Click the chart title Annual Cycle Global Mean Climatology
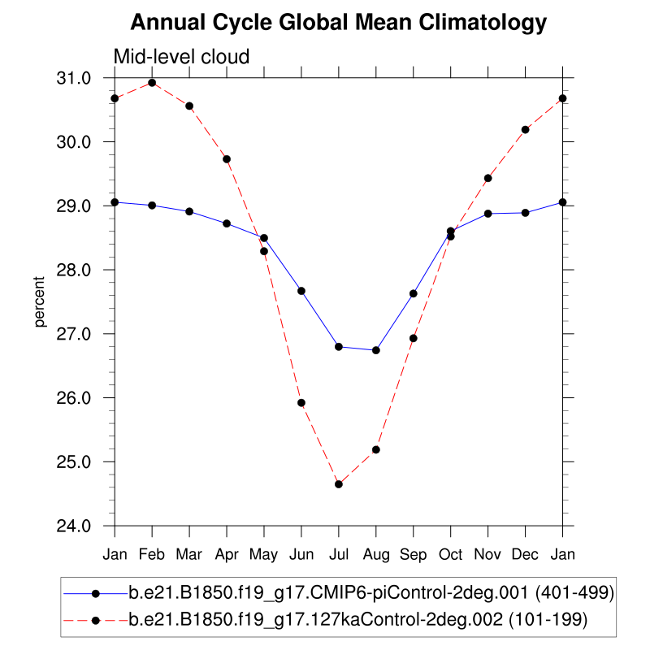pyautogui.click(x=338, y=23)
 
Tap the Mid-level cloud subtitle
pyautogui.click(x=181, y=57)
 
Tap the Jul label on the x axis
pyautogui.click(x=338, y=554)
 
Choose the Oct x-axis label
pyautogui.click(x=451, y=554)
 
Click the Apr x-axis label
pyautogui.click(x=227, y=554)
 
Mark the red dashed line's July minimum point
pyautogui.click(x=339, y=484)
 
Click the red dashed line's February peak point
pyautogui.click(x=152, y=83)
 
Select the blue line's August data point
pyautogui.click(x=376, y=350)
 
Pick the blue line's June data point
pyautogui.click(x=301, y=291)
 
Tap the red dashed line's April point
pyautogui.click(x=227, y=159)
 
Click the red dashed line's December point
pyautogui.click(x=526, y=130)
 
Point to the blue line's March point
pyautogui.click(x=189, y=211)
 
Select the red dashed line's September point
pyautogui.click(x=414, y=338)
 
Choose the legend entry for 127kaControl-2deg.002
pyautogui.click(x=357, y=621)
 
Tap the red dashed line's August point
pyautogui.click(x=376, y=449)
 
